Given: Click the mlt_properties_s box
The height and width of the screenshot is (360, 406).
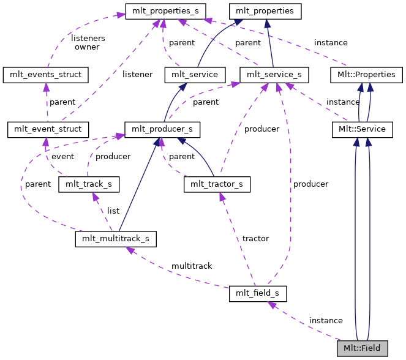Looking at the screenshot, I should (x=165, y=11).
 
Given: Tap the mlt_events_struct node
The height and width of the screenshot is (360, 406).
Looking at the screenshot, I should (x=46, y=75).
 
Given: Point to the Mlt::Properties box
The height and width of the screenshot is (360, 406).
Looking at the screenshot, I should (x=366, y=75).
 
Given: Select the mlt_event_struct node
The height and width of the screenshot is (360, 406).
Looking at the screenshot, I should (x=48, y=129).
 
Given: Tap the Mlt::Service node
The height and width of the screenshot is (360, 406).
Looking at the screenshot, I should (x=362, y=129).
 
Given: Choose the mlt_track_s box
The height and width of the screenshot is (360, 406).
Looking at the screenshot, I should (x=88, y=184).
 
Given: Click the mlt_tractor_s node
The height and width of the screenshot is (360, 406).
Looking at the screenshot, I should (x=217, y=184).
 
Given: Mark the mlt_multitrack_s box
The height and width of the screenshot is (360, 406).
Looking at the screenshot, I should (x=115, y=238).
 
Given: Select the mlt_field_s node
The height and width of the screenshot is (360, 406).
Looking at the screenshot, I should (x=257, y=293).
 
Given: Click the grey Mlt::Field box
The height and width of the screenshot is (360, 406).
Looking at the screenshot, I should (x=362, y=348).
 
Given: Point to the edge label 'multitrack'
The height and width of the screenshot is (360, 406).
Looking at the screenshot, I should (x=192, y=266).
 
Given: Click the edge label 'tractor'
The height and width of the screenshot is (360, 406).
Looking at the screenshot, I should (x=255, y=238).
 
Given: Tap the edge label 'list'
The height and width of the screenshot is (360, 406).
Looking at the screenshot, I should (x=113, y=211).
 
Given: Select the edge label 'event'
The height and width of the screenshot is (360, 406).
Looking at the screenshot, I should (x=62, y=156).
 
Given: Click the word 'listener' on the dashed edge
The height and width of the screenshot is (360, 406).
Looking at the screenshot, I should (x=137, y=74).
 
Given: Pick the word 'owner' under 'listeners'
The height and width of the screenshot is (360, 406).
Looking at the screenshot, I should (x=87, y=47).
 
